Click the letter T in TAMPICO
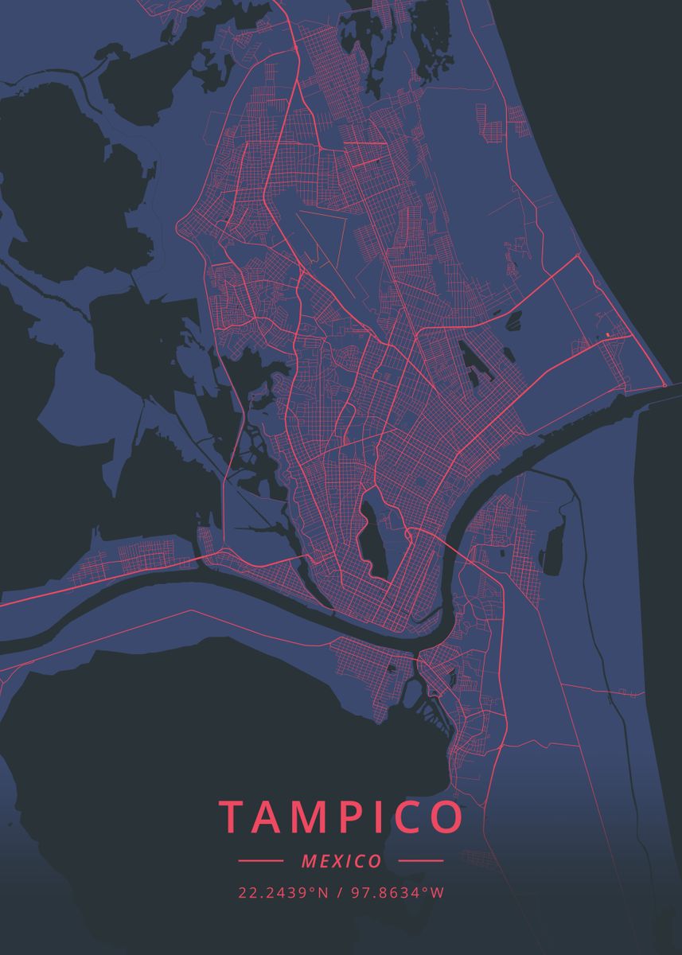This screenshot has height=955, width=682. [x=232, y=817]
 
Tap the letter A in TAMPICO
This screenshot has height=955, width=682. [x=274, y=817]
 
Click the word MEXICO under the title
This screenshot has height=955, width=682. [x=341, y=861]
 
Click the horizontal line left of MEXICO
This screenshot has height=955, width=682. [x=260, y=861]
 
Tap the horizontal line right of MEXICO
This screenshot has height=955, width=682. [x=420, y=861]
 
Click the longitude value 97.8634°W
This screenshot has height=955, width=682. [x=396, y=893]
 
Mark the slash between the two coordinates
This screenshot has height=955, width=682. [x=341, y=893]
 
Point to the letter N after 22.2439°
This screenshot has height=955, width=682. [x=323, y=893]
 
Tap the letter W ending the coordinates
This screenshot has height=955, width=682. [x=438, y=893]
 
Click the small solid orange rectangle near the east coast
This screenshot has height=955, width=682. [x=607, y=334]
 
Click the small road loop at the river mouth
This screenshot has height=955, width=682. [x=664, y=385]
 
